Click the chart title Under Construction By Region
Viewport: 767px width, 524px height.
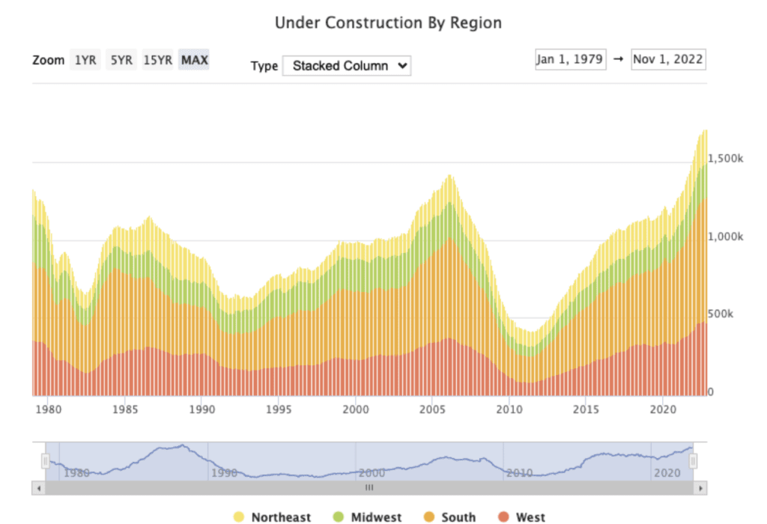[388, 22]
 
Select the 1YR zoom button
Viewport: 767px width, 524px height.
[85, 60]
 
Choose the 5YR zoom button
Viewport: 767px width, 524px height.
[121, 60]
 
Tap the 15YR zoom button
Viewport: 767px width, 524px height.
[158, 60]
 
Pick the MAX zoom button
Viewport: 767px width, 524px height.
[194, 60]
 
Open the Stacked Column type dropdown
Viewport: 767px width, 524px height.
[347, 66]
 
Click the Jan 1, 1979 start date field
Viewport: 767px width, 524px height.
[570, 59]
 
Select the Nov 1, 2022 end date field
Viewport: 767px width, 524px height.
[668, 59]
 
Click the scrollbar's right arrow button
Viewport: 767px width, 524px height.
[700, 487]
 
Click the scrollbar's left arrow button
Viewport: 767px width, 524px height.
[37, 487]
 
